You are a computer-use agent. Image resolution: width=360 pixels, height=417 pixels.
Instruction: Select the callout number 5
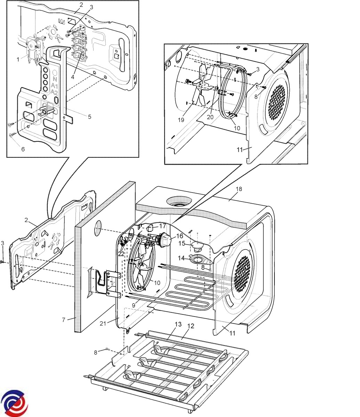pyautogui.click(x=89, y=117)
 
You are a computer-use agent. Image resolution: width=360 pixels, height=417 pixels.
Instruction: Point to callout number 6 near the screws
pyautogui.click(x=23, y=149)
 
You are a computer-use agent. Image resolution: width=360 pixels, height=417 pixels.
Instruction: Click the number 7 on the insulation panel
pyautogui.click(x=63, y=319)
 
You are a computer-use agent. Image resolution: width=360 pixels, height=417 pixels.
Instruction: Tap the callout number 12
pyautogui.click(x=191, y=326)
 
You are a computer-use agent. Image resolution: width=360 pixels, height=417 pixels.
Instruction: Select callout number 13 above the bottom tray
pyautogui.click(x=178, y=324)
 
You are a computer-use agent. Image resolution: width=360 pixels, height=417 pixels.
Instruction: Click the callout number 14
pyautogui.click(x=182, y=258)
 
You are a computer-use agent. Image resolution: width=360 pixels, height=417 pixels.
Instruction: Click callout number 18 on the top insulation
pyautogui.click(x=239, y=189)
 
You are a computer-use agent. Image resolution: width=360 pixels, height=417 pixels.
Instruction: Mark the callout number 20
pyautogui.click(x=210, y=117)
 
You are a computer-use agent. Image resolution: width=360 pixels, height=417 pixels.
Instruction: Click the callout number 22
pyautogui.click(x=121, y=254)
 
